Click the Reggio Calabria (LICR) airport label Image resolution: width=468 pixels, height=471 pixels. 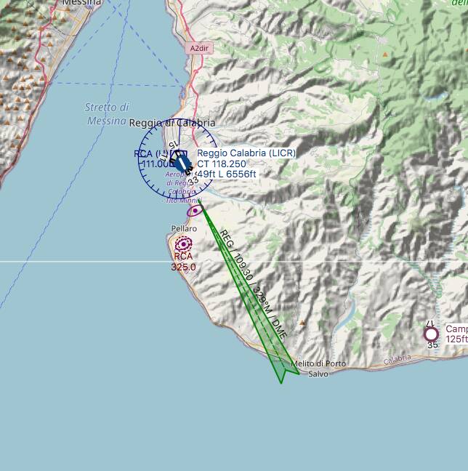pyautogui.click(x=246, y=153)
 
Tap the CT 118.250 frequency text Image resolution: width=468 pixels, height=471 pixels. pyautogui.click(x=222, y=164)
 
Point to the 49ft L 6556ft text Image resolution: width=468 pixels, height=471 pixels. pyautogui.click(x=227, y=174)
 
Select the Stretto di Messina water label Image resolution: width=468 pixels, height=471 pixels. pyautogui.click(x=107, y=114)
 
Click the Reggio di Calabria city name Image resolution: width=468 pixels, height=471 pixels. pyautogui.click(x=172, y=124)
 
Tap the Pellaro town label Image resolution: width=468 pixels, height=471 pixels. pyautogui.click(x=184, y=228)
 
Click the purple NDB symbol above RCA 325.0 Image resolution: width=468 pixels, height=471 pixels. pyautogui.click(x=184, y=244)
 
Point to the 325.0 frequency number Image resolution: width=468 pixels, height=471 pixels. pyautogui.click(x=184, y=267)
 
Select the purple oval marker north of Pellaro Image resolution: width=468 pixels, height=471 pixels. pyautogui.click(x=195, y=211)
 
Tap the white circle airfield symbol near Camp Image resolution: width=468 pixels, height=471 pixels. pyautogui.click(x=432, y=334)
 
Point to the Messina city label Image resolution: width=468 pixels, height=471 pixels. pyautogui.click(x=81, y=3)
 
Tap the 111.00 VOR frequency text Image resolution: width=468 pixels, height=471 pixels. pyautogui.click(x=155, y=164)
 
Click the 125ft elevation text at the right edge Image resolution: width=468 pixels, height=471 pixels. pyautogui.click(x=456, y=339)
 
